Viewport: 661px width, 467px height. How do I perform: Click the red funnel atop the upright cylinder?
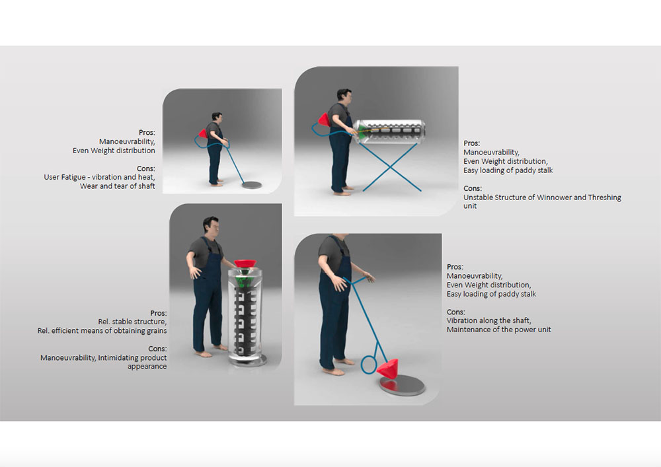[245, 264]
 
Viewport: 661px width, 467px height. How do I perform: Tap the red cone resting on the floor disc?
[388, 369]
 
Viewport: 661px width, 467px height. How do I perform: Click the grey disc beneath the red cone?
[402, 385]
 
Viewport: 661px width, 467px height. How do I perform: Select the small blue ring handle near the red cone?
[368, 365]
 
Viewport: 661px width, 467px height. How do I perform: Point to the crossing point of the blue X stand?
[391, 168]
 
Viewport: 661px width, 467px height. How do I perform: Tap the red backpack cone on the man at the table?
[324, 120]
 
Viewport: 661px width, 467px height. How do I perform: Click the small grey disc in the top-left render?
[252, 184]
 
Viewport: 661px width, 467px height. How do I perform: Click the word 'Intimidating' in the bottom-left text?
[119, 357]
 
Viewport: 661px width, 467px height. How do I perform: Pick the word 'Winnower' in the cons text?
[550, 197]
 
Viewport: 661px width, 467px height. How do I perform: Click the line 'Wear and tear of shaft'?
[118, 186]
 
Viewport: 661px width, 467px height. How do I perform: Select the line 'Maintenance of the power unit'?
[498, 330]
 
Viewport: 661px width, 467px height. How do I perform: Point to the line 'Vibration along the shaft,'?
[489, 320]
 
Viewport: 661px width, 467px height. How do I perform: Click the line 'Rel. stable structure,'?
[132, 322]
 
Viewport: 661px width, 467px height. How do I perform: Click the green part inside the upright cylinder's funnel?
[243, 281]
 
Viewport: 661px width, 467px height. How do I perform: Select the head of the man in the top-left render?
[217, 118]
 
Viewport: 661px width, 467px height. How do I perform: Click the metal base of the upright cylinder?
[247, 361]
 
